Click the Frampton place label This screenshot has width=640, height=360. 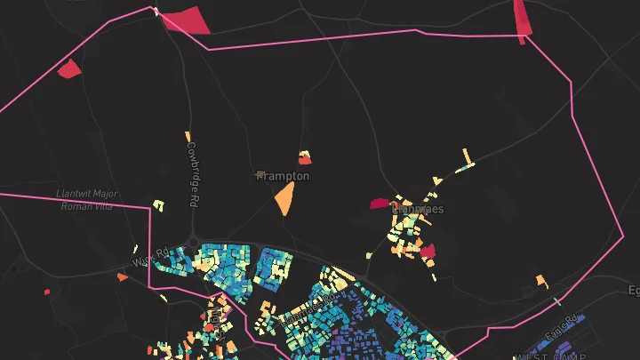point(285,176)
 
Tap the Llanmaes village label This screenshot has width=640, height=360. point(418,210)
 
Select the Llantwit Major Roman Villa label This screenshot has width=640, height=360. point(86,200)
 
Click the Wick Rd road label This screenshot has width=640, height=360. point(150,258)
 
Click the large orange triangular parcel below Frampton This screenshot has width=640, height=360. point(284,199)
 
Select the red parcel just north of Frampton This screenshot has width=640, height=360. point(305,159)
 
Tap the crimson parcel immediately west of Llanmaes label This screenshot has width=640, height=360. point(380,204)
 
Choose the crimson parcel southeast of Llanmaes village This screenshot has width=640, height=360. point(428,252)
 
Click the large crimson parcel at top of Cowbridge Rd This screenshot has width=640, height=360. point(188,20)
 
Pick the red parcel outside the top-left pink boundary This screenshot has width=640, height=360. point(69,68)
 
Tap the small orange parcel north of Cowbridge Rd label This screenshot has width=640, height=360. point(188,137)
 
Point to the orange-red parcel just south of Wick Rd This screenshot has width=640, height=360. point(122,277)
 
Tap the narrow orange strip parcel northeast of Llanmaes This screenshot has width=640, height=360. point(467,158)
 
